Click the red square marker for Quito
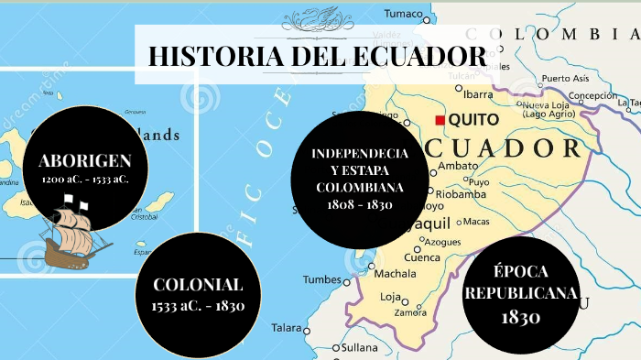coord(440,120)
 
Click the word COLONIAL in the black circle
coord(198,284)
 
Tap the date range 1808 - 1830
coord(360,204)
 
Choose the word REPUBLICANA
coord(522,293)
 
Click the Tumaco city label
coord(404,14)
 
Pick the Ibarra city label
coord(478,93)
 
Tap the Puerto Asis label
coord(565,79)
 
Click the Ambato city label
coord(458,166)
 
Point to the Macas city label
coord(476,221)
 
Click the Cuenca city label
coord(422,257)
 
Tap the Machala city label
coord(395,273)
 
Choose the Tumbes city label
coord(321,279)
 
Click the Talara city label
coord(286,327)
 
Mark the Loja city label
coord(390,297)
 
